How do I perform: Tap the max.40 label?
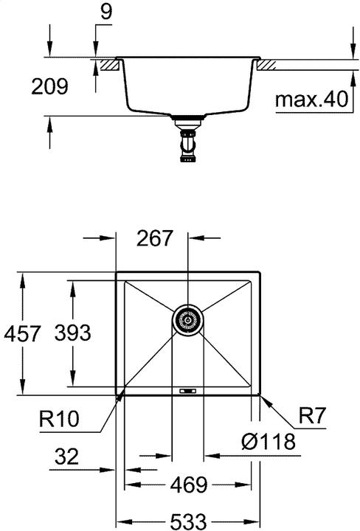311,100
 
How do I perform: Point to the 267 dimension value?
155,238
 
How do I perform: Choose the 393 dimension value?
72,333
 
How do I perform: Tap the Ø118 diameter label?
268,442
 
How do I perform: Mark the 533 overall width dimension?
189,521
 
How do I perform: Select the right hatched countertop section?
267,65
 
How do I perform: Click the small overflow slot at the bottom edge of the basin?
188,390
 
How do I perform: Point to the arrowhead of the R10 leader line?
122,397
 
